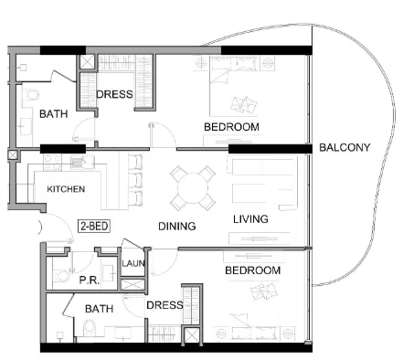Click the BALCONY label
click(345, 148)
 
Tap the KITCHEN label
click(66, 189)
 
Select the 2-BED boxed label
click(94, 227)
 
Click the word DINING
click(177, 226)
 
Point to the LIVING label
click(250, 219)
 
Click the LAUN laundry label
click(133, 263)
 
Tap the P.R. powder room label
click(89, 281)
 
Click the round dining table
click(193, 188)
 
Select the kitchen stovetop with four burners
click(52, 163)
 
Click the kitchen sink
click(82, 162)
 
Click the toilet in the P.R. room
click(61, 276)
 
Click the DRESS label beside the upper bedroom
click(114, 94)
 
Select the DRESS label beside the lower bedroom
click(164, 305)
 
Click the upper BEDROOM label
click(231, 127)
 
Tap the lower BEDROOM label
click(253, 270)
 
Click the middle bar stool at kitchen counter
click(135, 180)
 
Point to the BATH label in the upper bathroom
click(54, 114)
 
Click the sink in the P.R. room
click(109, 272)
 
